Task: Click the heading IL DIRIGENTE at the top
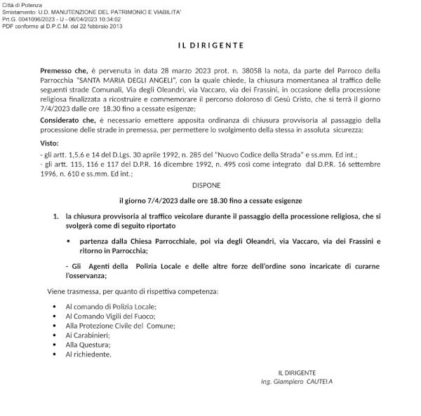[210, 46]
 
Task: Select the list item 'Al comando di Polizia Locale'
[111, 307]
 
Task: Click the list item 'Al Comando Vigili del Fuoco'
[112, 317]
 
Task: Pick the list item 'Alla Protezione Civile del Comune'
[120, 326]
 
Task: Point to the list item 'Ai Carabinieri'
[88, 335]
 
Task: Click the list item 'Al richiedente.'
[88, 354]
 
